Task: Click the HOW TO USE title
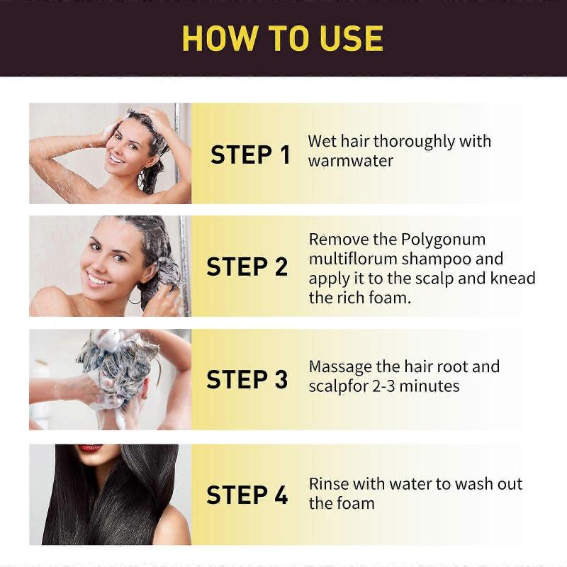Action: pyautogui.click(x=282, y=38)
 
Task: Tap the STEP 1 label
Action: pyautogui.click(x=250, y=155)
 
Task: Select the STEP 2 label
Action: pyautogui.click(x=247, y=267)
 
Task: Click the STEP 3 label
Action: pyautogui.click(x=247, y=379)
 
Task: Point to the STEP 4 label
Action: pyautogui.click(x=247, y=495)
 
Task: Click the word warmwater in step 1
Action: pyautogui.click(x=350, y=161)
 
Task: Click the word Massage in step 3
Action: pyautogui.click(x=340, y=367)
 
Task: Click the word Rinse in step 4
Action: pyautogui.click(x=330, y=484)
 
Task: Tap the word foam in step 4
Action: pyautogui.click(x=355, y=503)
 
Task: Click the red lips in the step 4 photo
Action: pyautogui.click(x=90, y=449)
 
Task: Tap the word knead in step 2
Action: pyautogui.click(x=510, y=278)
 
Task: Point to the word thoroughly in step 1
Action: pyautogui.click(x=414, y=142)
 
